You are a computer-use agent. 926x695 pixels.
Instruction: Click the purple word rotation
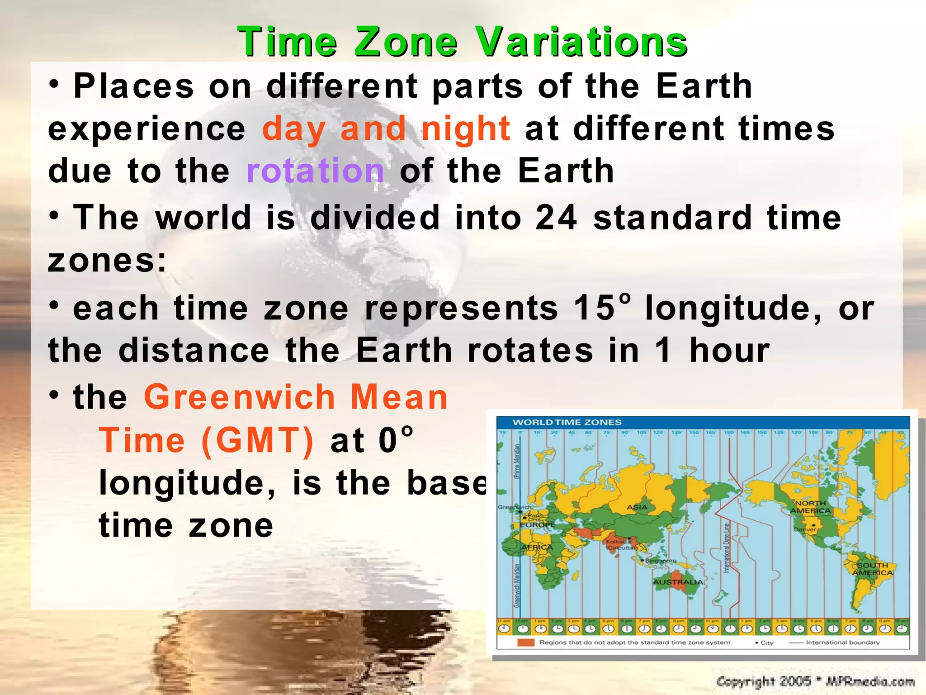point(315,171)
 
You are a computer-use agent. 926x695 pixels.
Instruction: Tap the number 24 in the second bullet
point(556,218)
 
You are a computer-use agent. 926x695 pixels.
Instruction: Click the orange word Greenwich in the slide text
point(239,397)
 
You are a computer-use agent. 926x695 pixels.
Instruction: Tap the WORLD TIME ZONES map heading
point(567,422)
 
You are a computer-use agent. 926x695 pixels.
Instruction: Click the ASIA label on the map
point(637,507)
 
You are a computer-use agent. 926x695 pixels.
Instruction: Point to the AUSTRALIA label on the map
point(678,582)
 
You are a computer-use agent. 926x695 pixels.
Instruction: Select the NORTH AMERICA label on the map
point(810,507)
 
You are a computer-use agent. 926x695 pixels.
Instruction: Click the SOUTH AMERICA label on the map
point(872,569)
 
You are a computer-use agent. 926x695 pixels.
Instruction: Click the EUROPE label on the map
point(537,525)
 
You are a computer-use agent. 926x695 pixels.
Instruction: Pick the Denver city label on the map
point(805,529)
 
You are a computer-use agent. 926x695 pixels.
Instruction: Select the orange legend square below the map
point(526,643)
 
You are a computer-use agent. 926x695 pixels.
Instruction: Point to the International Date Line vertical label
point(727,548)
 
